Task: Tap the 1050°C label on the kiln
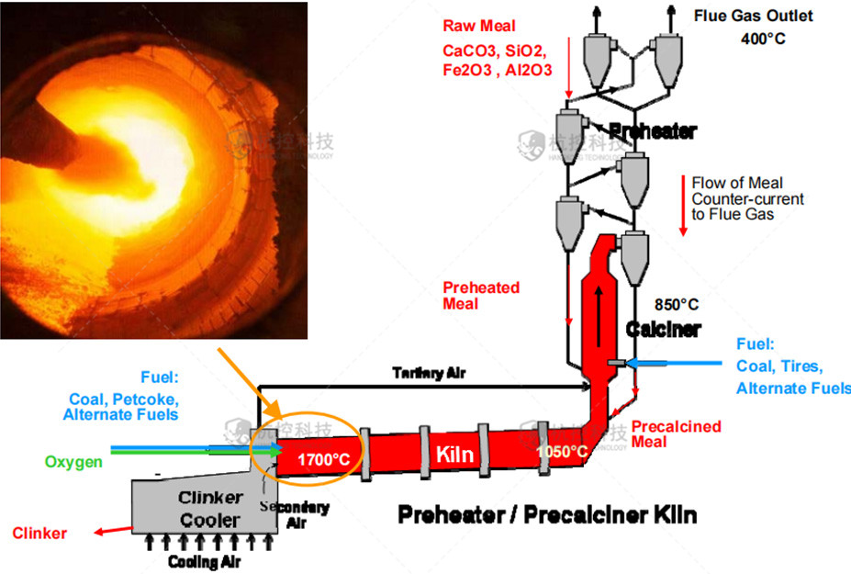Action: pyautogui.click(x=562, y=451)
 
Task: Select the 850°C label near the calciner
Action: pyautogui.click(x=677, y=302)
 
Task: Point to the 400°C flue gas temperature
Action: pyautogui.click(x=763, y=39)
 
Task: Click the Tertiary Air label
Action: pyautogui.click(x=429, y=372)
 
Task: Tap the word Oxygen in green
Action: pyautogui.click(x=74, y=462)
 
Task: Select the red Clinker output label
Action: pyautogui.click(x=39, y=533)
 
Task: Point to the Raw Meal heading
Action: pyautogui.click(x=478, y=26)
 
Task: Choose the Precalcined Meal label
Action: pyautogui.click(x=676, y=433)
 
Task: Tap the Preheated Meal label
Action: pyautogui.click(x=480, y=295)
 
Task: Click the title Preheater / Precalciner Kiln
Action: pyautogui.click(x=546, y=514)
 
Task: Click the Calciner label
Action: pyautogui.click(x=663, y=329)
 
